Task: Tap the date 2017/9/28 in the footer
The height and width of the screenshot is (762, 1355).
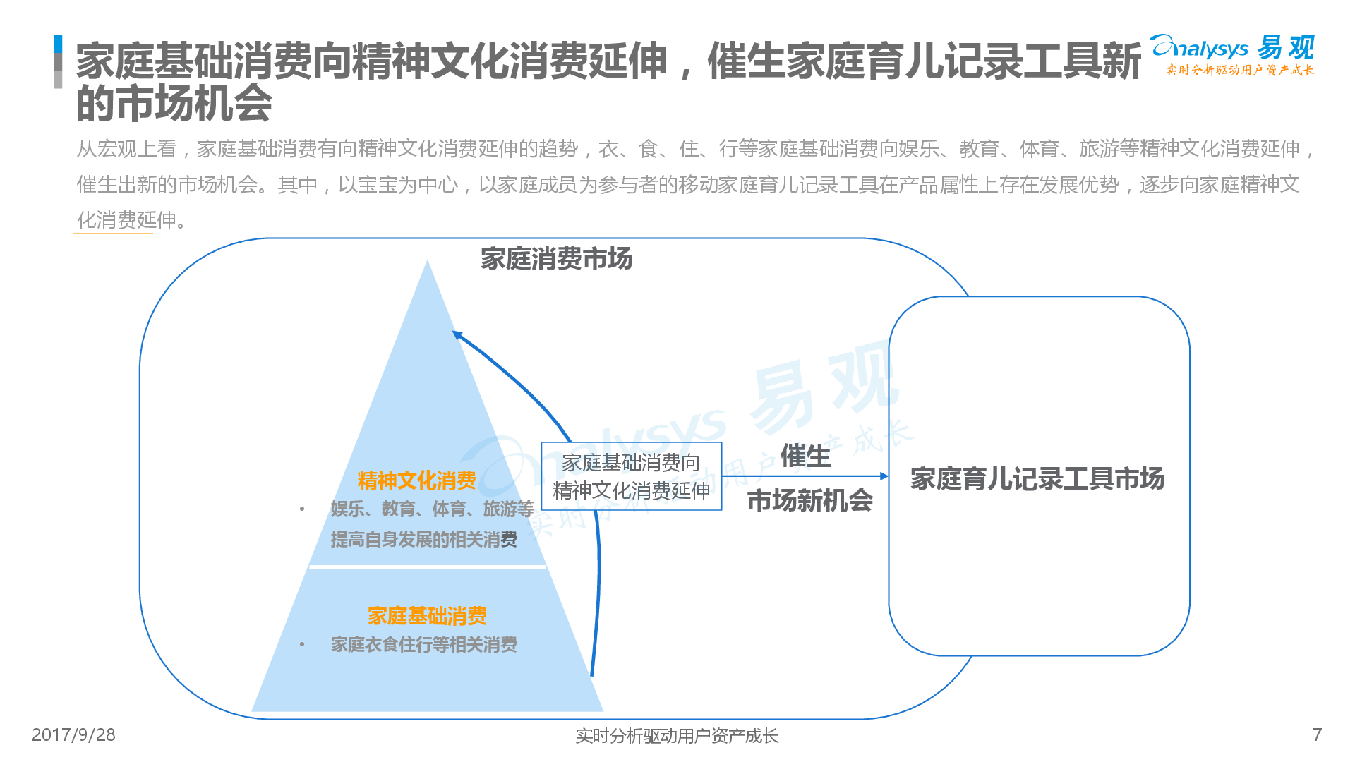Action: click(x=73, y=735)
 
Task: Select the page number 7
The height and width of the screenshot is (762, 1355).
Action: click(x=1317, y=735)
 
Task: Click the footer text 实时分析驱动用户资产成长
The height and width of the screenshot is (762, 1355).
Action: click(x=677, y=736)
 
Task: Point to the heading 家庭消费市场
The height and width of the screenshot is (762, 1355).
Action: click(x=556, y=259)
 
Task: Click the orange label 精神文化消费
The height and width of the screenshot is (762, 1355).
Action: click(x=416, y=480)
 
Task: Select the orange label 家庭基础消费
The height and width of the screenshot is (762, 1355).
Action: click(x=427, y=616)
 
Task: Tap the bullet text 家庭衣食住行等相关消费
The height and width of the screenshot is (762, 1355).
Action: click(x=423, y=644)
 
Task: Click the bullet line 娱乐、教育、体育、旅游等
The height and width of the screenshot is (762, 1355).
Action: click(x=432, y=509)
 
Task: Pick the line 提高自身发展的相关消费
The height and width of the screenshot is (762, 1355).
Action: click(x=423, y=540)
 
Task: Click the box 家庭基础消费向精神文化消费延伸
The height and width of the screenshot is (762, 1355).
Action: click(x=632, y=476)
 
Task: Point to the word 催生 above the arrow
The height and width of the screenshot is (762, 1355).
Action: click(x=805, y=456)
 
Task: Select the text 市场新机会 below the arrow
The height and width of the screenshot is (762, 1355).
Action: click(x=810, y=500)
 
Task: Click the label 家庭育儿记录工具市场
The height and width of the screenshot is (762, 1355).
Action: click(x=1037, y=478)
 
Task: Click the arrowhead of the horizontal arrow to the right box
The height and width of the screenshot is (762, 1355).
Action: click(x=884, y=476)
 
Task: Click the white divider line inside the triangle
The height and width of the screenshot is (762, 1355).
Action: click(x=428, y=567)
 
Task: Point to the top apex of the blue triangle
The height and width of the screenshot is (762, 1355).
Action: click(x=427, y=260)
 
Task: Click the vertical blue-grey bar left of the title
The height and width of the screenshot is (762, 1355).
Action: click(x=58, y=62)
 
